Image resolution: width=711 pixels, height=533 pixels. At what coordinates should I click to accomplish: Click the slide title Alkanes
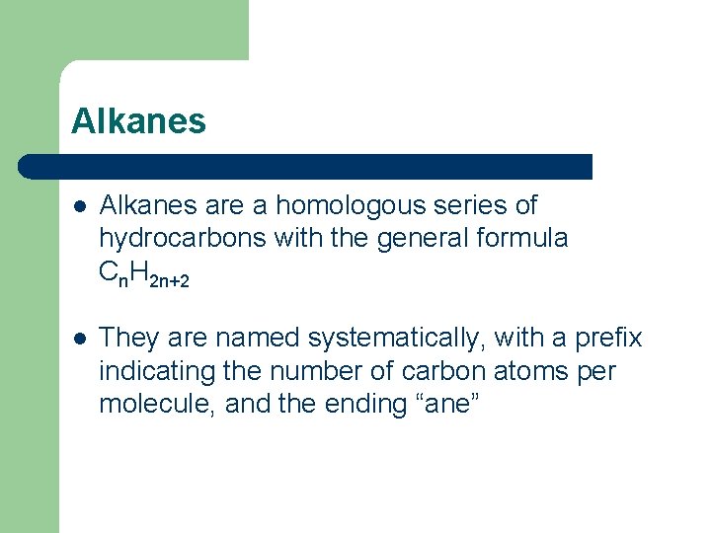coord(138,121)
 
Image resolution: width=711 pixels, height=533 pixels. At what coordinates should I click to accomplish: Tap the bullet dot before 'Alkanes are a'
coord(79,206)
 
